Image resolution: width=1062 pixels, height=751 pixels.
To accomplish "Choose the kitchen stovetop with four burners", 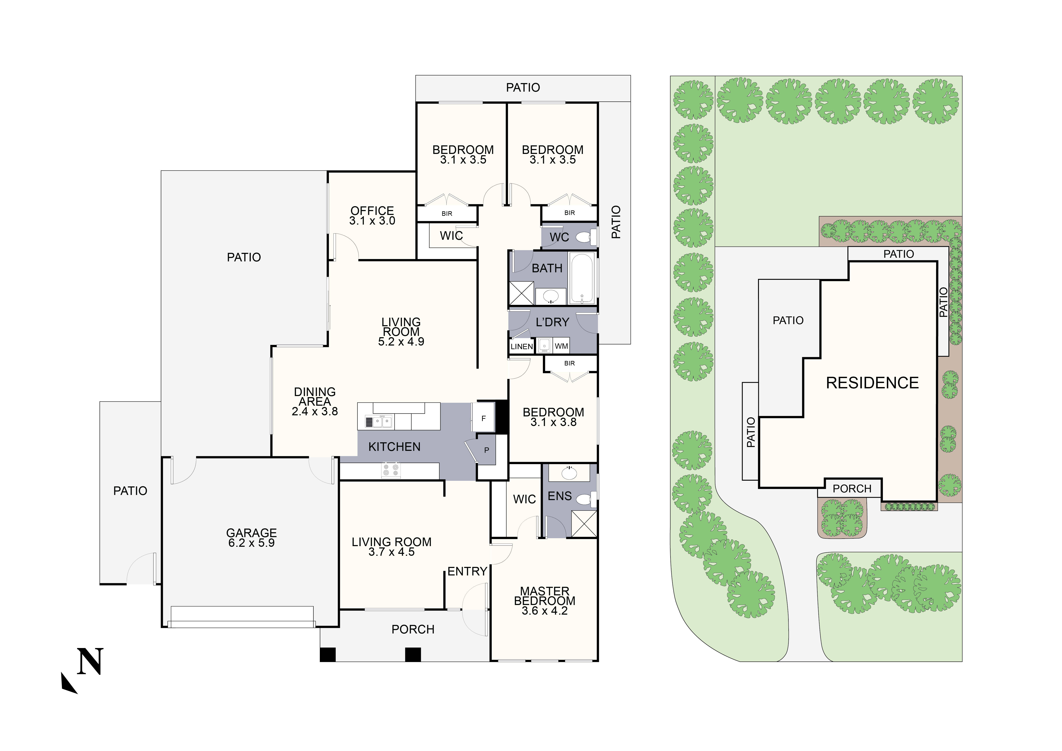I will (391, 470).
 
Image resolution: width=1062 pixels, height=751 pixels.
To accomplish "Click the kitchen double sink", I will (379, 422).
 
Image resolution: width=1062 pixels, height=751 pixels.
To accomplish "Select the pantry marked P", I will (486, 450).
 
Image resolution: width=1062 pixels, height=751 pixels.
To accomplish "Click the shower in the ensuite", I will (584, 523).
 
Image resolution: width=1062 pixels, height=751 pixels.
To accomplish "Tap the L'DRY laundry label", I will (552, 322).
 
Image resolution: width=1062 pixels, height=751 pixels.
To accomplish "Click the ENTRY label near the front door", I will (467, 572).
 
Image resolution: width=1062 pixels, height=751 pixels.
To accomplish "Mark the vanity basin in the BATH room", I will (550, 296).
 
